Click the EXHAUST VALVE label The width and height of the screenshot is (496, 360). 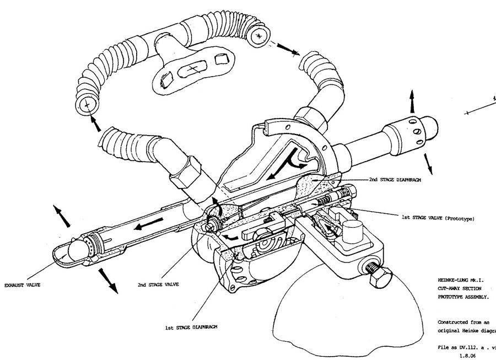click(x=24, y=286)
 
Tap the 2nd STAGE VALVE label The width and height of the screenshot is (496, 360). click(x=158, y=285)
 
